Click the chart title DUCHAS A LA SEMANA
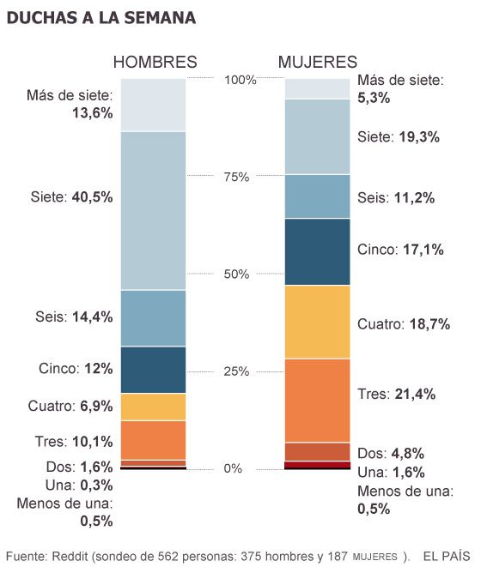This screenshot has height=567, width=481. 100,17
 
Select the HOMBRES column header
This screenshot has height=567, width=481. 155,62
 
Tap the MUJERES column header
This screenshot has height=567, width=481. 317,62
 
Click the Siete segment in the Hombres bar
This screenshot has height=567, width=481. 153,210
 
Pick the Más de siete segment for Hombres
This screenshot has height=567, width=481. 153,105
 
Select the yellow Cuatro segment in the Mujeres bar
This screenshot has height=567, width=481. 317,322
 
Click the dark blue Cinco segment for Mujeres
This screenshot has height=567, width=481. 317,251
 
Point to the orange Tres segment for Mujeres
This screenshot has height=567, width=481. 317,400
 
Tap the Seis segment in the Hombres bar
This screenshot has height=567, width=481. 153,317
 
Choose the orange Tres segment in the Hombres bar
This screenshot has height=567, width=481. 153,440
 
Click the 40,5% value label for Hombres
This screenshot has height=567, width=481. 91,196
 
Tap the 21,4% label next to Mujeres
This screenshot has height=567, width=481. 417,394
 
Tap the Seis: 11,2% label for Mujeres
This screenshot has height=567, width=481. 396,197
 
